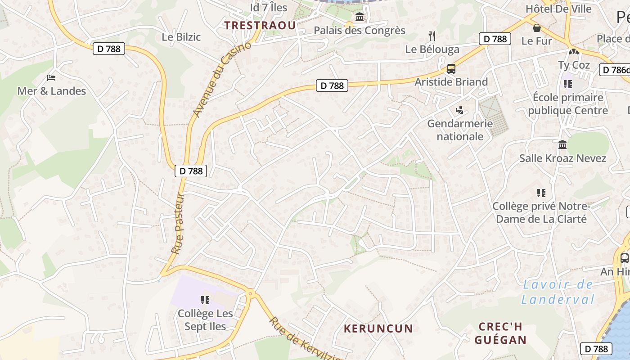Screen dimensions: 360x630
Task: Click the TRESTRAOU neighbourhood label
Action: point(260,25)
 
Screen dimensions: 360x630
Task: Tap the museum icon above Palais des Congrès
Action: point(360,17)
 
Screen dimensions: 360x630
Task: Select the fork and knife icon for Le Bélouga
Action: point(432,36)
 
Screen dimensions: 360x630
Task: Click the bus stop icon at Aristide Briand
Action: point(451,69)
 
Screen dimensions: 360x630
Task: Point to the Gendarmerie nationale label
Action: point(459,130)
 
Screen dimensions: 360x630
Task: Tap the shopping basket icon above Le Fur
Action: point(536,28)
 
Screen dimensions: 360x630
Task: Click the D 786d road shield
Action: point(615,70)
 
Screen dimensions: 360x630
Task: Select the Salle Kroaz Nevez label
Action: point(562,158)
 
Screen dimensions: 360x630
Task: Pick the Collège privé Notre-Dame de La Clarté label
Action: point(540,212)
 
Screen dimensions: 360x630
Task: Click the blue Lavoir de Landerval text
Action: point(558,292)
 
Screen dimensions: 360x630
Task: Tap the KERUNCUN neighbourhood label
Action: point(378,328)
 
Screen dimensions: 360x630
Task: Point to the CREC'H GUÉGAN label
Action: point(500,333)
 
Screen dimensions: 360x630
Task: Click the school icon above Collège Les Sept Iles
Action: point(205,300)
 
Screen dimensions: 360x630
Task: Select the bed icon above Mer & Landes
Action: point(51,78)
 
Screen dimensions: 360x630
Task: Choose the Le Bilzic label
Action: point(181,37)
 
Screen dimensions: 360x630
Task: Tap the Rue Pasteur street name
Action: point(178,224)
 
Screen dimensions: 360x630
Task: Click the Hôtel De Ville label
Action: point(558,9)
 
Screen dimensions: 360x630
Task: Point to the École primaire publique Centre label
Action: point(567,104)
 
